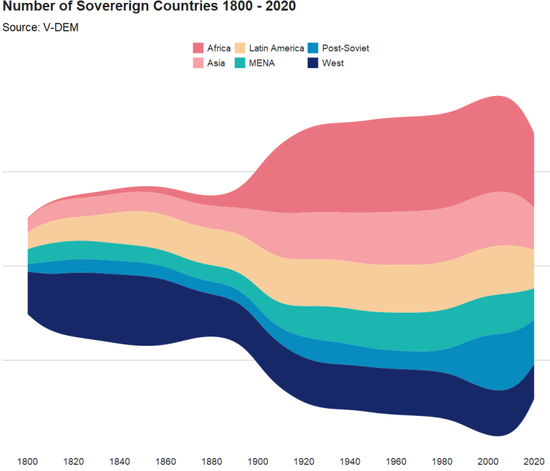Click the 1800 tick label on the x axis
click(x=27, y=460)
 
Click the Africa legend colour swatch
click(x=198, y=49)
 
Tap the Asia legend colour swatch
click(x=198, y=63)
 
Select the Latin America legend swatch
click(x=240, y=49)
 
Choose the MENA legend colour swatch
click(x=240, y=63)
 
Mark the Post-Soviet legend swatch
click(x=313, y=49)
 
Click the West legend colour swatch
click(x=313, y=63)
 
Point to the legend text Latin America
click(x=276, y=49)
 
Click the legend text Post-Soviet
click(x=346, y=49)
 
